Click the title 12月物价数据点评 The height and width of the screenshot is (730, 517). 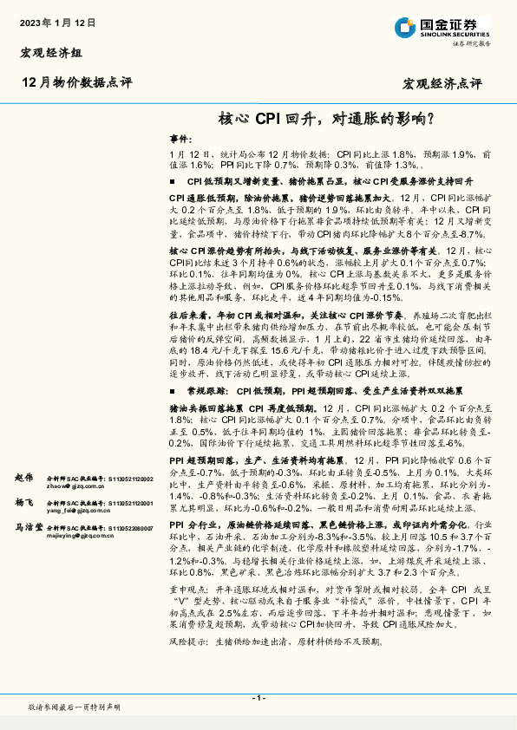76,82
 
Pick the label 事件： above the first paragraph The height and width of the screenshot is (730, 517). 180,139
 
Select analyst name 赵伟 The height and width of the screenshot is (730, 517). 23,479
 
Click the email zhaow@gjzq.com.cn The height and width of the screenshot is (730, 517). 75,487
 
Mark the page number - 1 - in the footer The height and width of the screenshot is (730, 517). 258,698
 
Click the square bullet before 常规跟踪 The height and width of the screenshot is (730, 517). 173,368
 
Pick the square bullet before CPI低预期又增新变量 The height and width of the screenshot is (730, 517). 173,183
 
